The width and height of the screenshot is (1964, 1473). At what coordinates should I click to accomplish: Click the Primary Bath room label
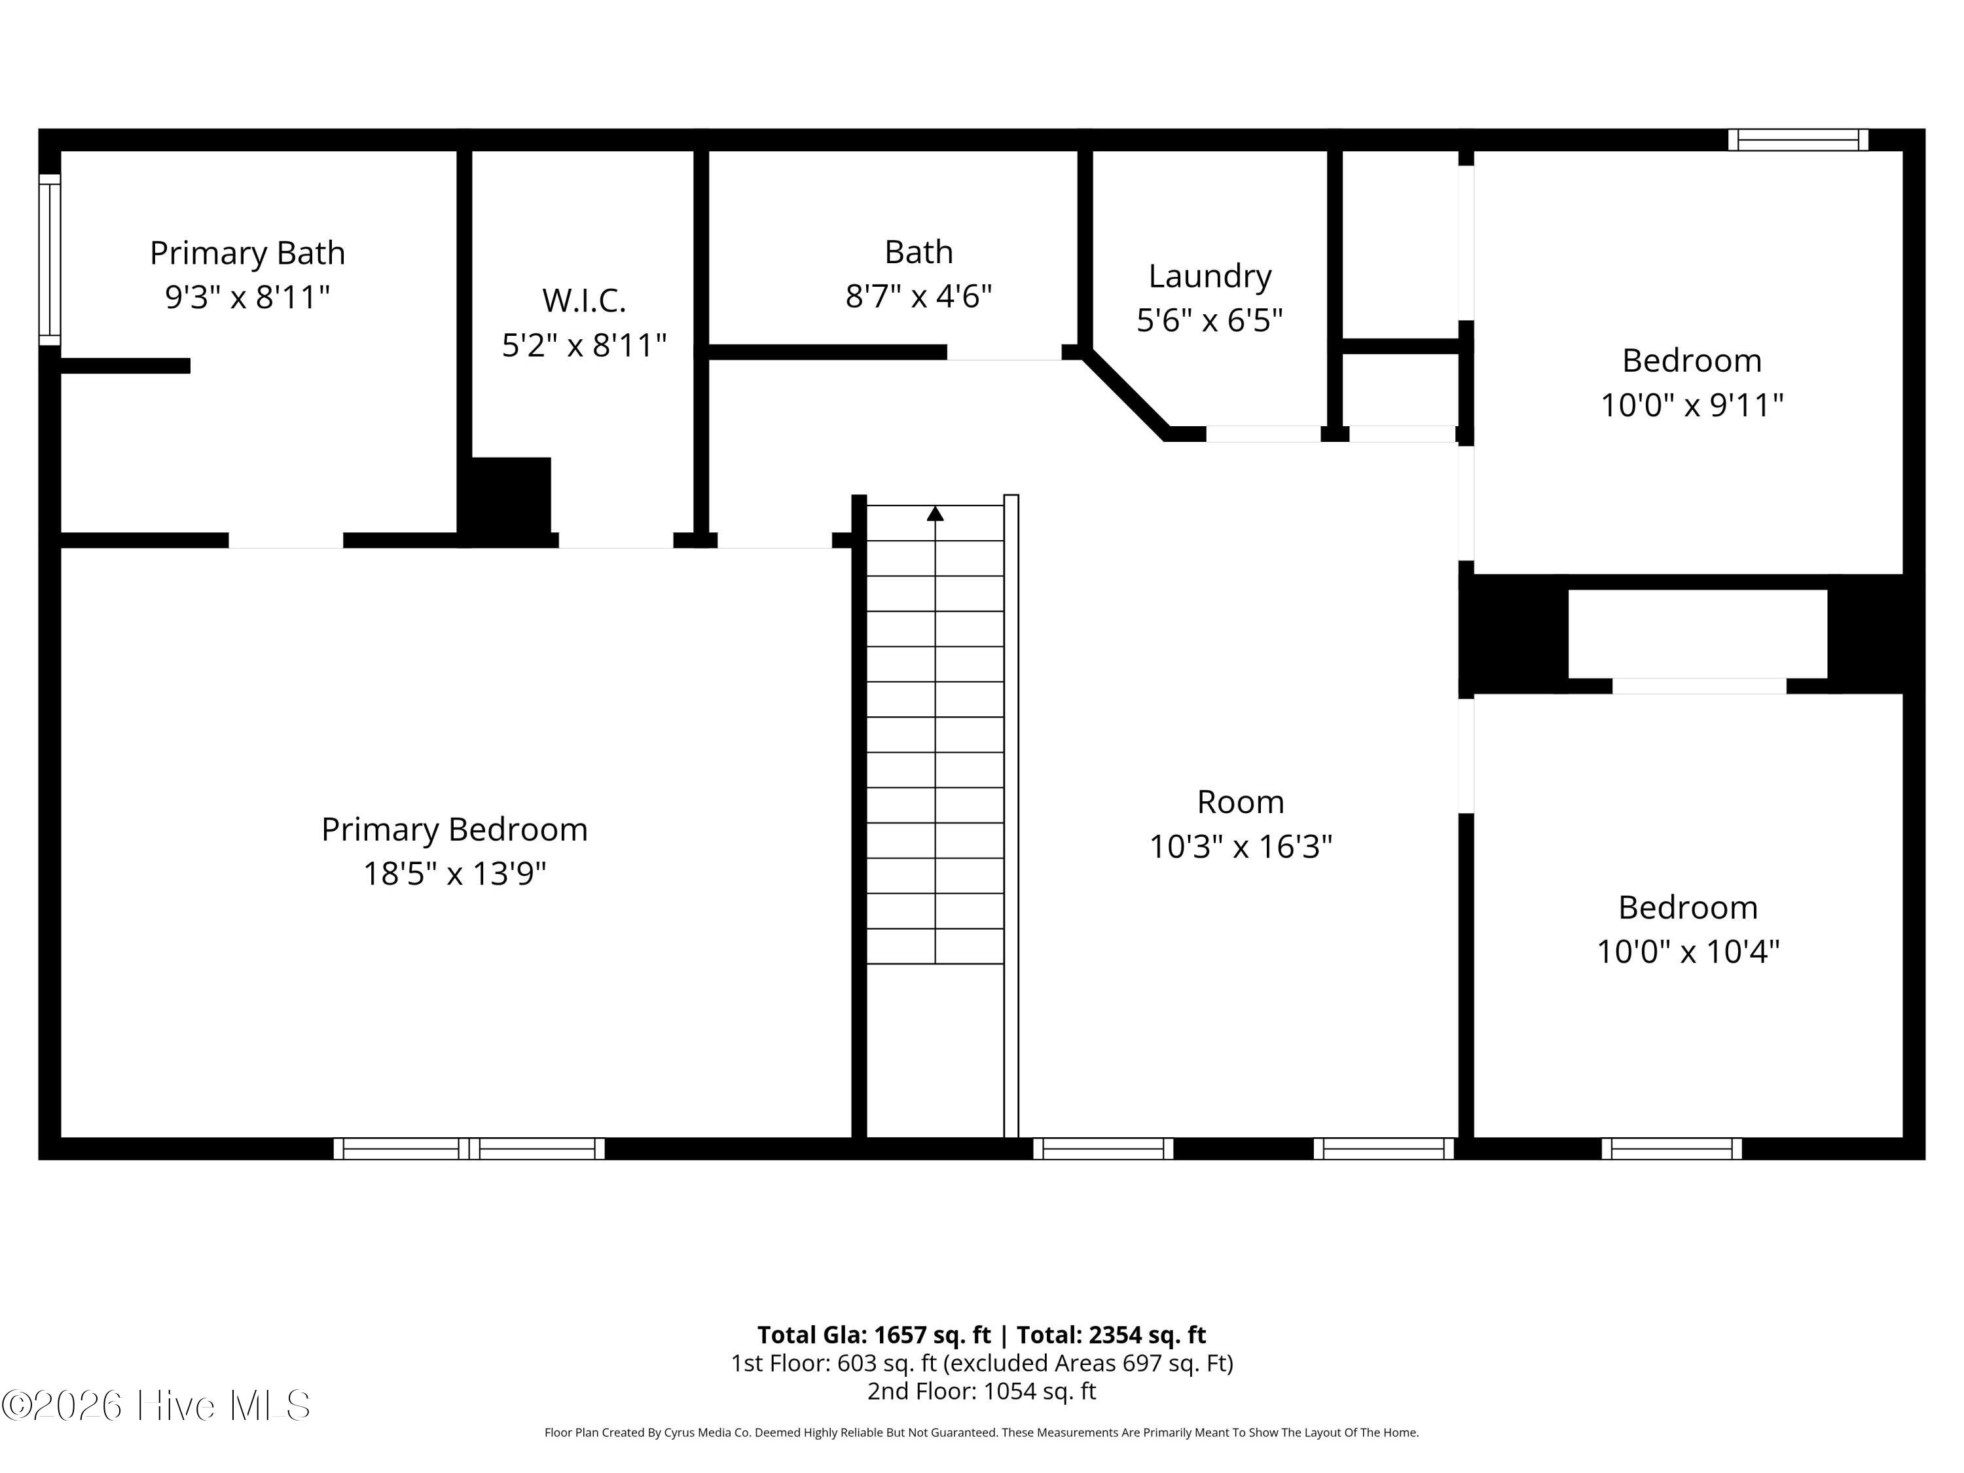(247, 253)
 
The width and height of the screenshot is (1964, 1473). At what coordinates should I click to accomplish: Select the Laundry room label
(1209, 276)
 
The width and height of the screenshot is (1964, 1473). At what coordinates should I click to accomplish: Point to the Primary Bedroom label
(454, 830)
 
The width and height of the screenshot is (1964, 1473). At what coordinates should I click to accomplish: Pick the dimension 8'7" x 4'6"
(918, 296)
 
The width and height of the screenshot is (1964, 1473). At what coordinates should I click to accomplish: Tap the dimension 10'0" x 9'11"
(1692, 405)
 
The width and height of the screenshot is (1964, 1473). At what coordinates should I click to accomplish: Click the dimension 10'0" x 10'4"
(1688, 952)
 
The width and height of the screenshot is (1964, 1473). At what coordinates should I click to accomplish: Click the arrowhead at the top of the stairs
(935, 513)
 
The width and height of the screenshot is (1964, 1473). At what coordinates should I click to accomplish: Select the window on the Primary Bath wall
(50, 259)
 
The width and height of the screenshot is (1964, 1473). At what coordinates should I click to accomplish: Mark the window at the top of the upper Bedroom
(1798, 140)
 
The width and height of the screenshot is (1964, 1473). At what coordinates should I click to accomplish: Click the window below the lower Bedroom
(1672, 1149)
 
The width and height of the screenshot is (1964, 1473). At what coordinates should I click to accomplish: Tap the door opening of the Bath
(1004, 352)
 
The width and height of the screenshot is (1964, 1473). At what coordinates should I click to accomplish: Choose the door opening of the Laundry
(1264, 434)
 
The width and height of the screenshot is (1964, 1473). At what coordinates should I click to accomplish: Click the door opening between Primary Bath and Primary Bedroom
(286, 541)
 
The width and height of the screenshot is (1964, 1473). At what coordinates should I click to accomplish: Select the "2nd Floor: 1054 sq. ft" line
(982, 1391)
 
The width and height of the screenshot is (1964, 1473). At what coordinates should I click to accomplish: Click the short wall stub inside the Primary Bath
(125, 366)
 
